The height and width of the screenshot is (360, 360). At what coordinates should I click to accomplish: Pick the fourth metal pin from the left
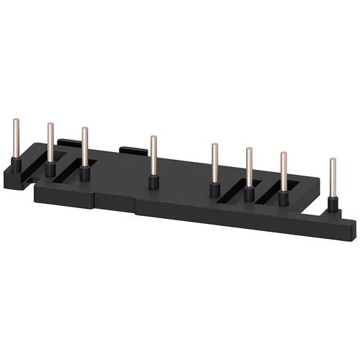153,155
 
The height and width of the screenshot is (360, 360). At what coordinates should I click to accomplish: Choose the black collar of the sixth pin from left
249,194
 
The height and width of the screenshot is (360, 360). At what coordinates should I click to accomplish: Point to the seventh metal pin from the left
283,173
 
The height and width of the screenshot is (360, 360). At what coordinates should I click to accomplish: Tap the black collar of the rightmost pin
332,204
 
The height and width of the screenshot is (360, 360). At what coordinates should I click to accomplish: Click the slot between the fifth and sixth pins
233,190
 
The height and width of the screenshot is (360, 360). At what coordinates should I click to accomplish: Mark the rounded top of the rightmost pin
332,160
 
